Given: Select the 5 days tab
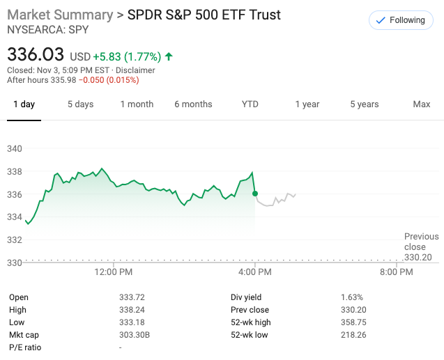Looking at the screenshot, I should (80, 104).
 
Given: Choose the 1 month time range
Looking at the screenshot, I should (137, 104).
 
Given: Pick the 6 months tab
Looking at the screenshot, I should (193, 104).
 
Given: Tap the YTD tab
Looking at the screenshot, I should (250, 104).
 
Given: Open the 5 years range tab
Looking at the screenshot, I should (364, 104).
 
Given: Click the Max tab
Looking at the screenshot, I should (421, 104).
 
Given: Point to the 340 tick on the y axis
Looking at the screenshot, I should (15, 148).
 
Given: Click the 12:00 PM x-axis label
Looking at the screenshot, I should (113, 272).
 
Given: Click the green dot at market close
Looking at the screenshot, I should (255, 193).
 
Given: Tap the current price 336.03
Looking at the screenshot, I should (36, 54).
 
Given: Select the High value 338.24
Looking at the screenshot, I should (132, 310).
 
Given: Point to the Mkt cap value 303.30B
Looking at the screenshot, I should (134, 335).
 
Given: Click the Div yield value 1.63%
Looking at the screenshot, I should (351, 297).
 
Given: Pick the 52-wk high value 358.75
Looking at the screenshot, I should (353, 322).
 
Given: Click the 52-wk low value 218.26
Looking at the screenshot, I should (353, 335).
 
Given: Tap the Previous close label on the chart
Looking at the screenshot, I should (421, 242).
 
